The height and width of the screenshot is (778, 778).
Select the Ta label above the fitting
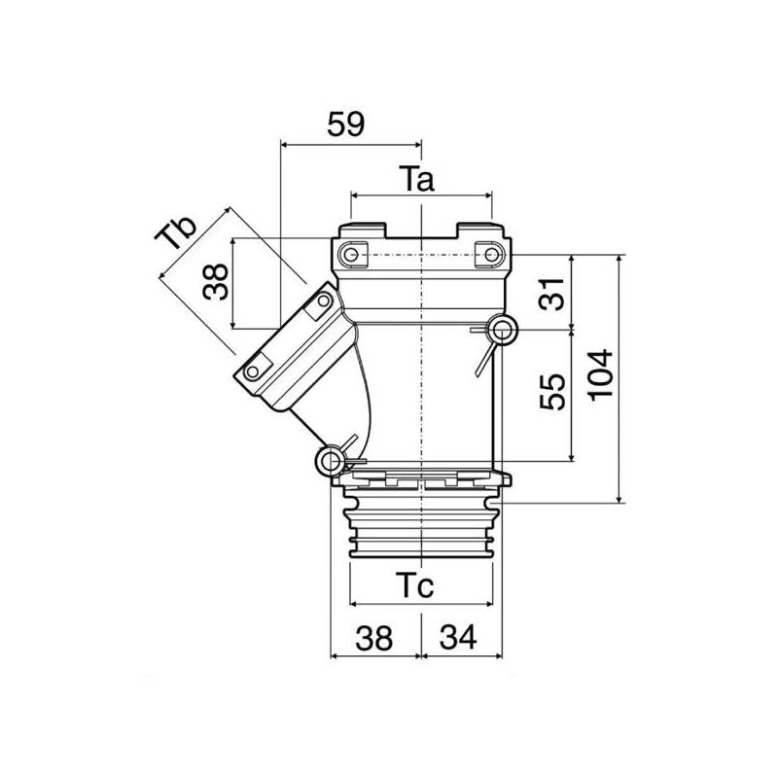tap(418, 179)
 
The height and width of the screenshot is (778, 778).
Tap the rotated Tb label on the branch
tap(178, 234)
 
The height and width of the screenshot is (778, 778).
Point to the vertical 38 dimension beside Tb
tap(217, 283)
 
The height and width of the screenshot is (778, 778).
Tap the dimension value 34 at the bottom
tap(457, 638)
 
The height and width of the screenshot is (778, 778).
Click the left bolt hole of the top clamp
tap(349, 255)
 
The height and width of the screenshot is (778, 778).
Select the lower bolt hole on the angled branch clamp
tap(254, 371)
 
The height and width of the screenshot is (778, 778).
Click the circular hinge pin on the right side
tap(503, 331)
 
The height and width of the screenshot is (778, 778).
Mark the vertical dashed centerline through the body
tap(421, 389)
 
